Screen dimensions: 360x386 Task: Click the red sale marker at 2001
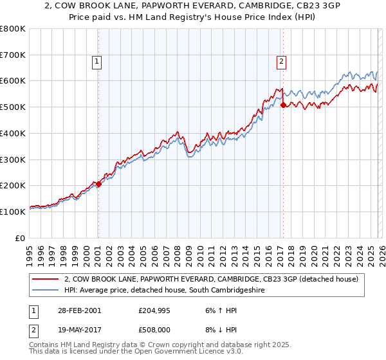click(x=98, y=184)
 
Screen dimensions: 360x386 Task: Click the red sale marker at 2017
click(x=283, y=105)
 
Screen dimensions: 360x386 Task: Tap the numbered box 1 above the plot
click(x=96, y=62)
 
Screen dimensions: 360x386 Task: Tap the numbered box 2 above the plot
click(x=282, y=62)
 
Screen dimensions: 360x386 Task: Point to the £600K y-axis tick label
click(x=13, y=81)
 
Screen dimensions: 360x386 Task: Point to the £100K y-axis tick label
click(x=13, y=212)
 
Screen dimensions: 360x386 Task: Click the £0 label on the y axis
click(x=21, y=238)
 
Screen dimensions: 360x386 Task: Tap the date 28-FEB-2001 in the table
click(x=79, y=310)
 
